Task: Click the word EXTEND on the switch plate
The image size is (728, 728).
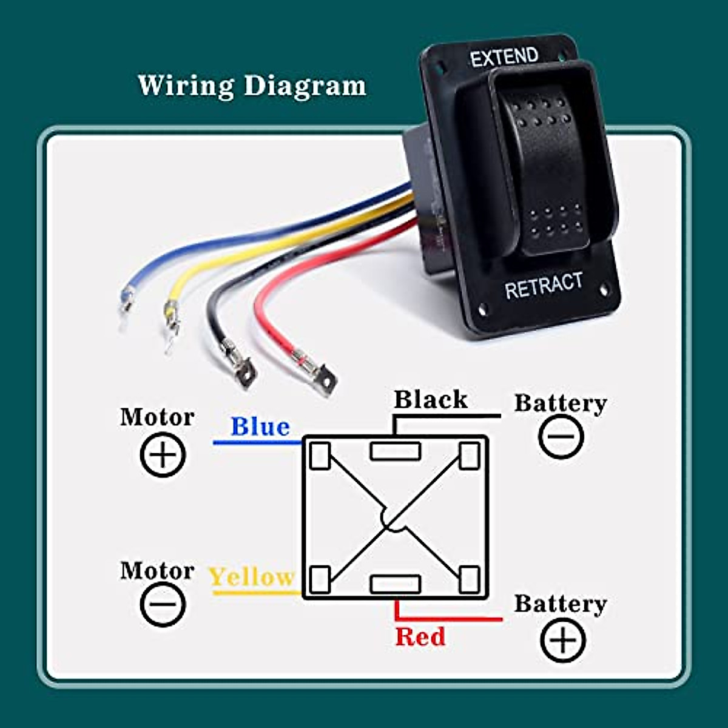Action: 504,57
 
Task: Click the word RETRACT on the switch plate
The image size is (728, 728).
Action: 544,286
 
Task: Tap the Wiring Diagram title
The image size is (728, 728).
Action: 252,86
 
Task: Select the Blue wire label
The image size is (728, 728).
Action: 260,426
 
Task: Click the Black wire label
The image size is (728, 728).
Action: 431,399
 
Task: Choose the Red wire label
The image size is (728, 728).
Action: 420,636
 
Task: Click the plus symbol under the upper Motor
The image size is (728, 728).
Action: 163,455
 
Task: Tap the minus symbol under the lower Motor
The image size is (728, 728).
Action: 163,604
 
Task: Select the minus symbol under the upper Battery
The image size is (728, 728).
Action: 561,436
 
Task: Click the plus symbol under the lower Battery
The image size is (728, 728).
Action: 563,641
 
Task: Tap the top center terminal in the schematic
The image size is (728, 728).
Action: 396,451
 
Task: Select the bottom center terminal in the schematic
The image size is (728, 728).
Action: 396,584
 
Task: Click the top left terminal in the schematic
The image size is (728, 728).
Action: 320,456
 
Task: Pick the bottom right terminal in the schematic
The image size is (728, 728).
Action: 470,579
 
